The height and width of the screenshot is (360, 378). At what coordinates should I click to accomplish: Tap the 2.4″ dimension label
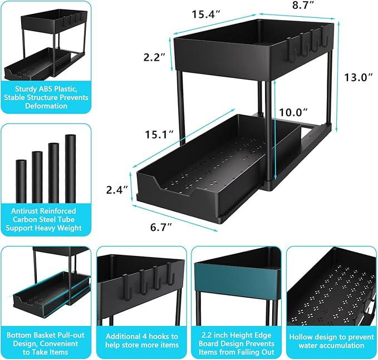pyautogui.click(x=118, y=190)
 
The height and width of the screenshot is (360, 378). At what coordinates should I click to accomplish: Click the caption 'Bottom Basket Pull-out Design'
pyautogui.click(x=46, y=341)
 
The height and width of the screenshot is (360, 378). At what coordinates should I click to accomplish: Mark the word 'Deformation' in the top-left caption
pyautogui.click(x=46, y=106)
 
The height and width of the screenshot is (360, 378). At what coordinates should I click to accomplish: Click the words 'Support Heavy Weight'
pyautogui.click(x=46, y=228)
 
